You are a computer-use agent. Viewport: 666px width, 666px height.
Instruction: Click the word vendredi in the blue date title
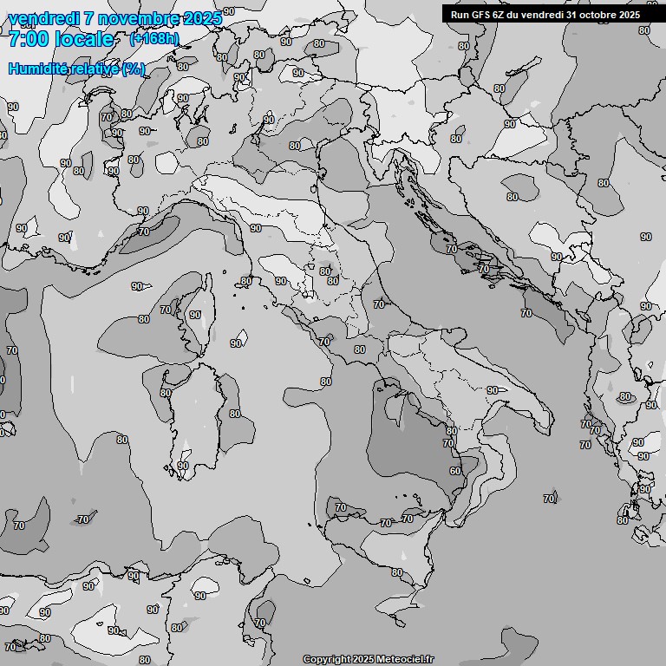pos(42,18)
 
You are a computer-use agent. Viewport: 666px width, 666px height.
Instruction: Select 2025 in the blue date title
pos(199,18)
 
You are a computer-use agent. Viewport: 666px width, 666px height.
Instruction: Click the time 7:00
pos(28,39)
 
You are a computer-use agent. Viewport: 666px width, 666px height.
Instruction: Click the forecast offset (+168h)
pos(153,39)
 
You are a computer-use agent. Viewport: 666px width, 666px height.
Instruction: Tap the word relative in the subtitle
pos(95,69)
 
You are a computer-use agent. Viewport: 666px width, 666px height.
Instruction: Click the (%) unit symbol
pos(133,69)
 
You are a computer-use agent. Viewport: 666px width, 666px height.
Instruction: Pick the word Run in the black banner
pos(460,15)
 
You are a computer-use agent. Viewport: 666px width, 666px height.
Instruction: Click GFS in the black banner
pos(480,15)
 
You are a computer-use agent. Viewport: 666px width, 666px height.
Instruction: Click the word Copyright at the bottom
pos(327,659)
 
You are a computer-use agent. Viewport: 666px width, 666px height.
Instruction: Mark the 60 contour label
pos(455,472)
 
